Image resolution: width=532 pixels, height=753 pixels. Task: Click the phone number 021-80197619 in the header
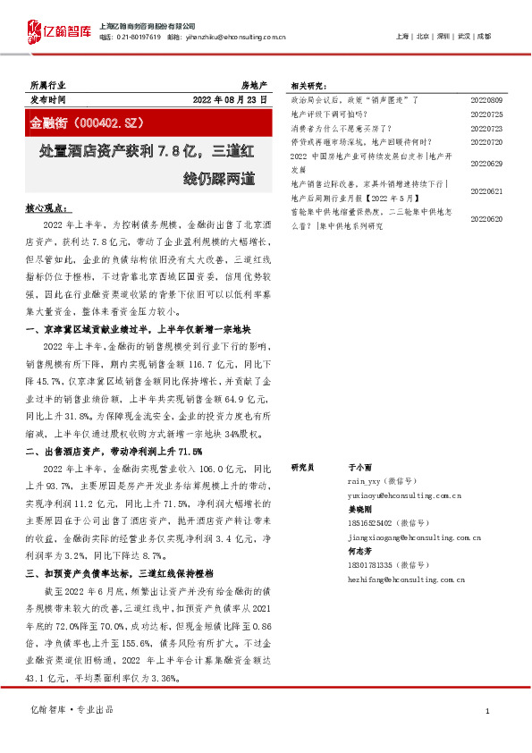coord(137,37)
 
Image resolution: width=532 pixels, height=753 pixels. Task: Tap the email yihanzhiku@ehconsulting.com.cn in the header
coord(237,37)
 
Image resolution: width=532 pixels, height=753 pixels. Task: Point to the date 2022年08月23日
coord(230,99)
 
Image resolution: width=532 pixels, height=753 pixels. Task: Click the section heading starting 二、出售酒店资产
coord(113,451)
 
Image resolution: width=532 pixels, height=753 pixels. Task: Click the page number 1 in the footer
coord(486,710)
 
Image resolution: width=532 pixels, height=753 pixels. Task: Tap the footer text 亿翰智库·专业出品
coord(72,709)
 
